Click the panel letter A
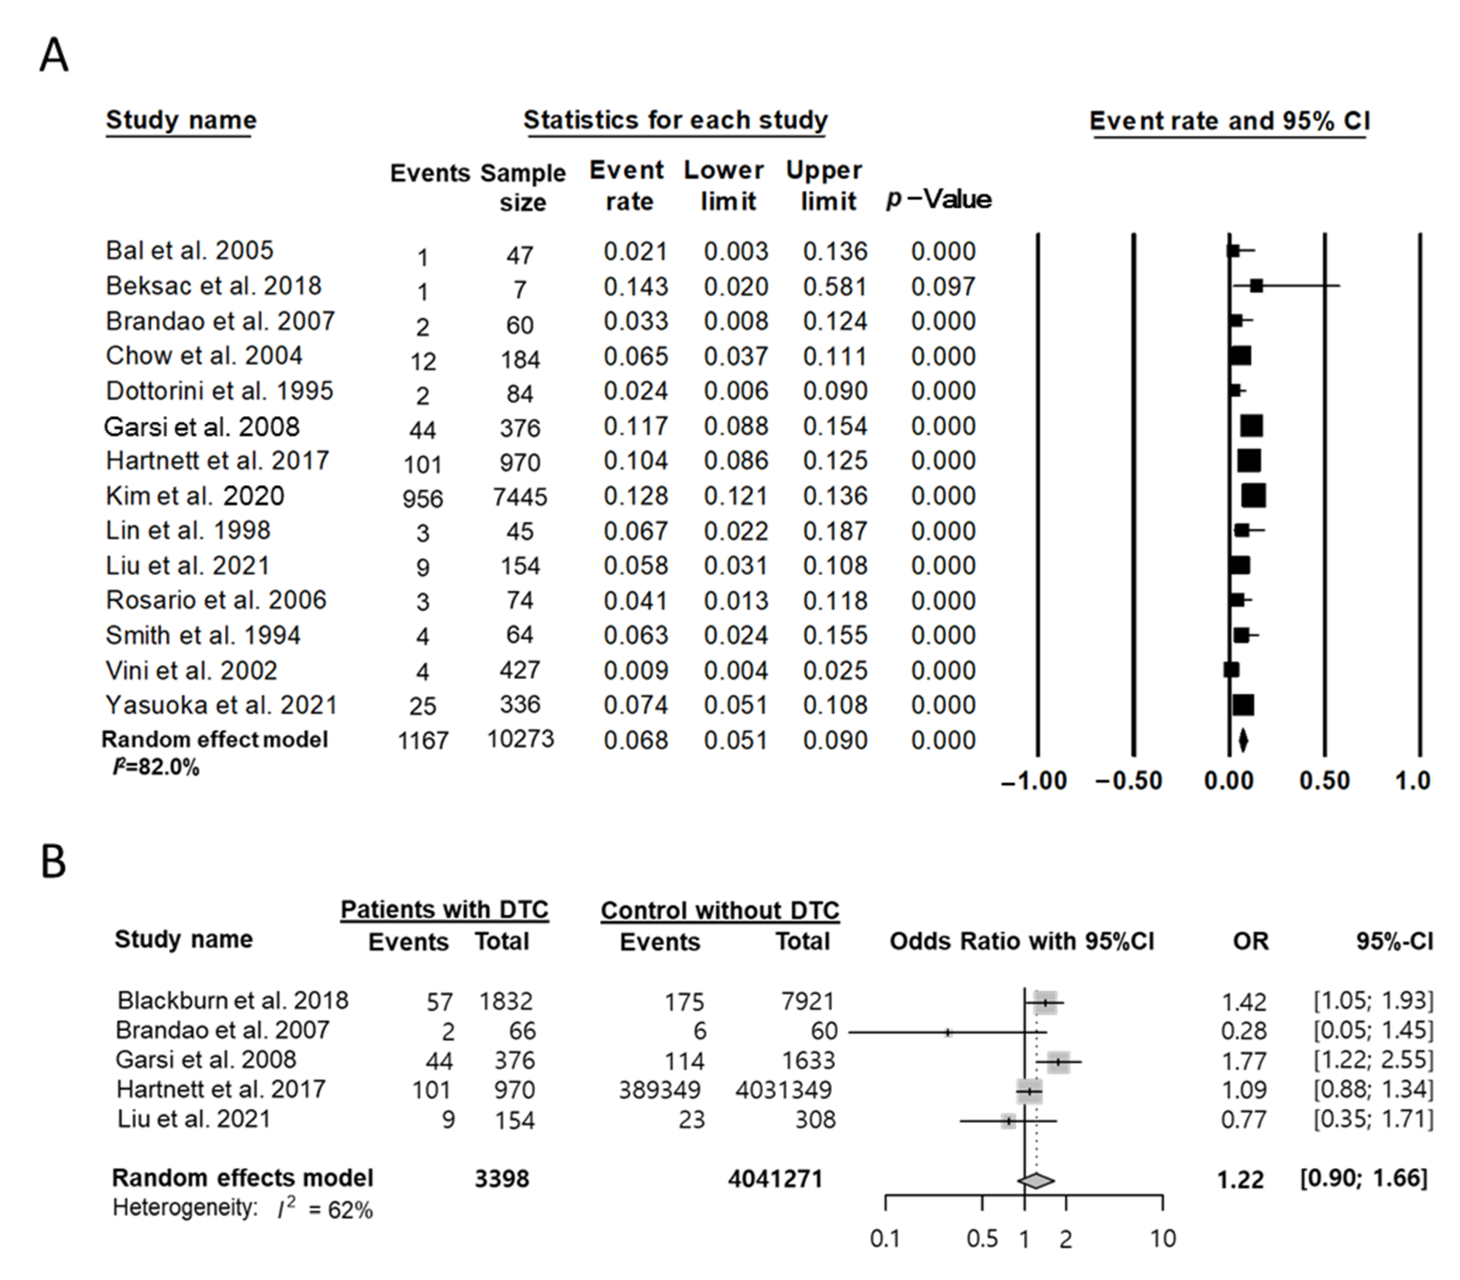pyautogui.click(x=54, y=56)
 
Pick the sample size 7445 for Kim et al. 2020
pyautogui.click(x=520, y=497)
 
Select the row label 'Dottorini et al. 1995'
pyautogui.click(x=219, y=391)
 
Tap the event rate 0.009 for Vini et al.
pyautogui.click(x=636, y=671)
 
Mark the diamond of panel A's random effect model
pyautogui.click(x=1243, y=740)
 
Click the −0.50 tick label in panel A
pyautogui.click(x=1129, y=781)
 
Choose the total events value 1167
pyautogui.click(x=423, y=741)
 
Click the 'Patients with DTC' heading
pyautogui.click(x=444, y=909)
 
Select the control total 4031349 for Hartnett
pyautogui.click(x=783, y=1090)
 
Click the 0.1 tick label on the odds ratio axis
pyautogui.click(x=885, y=1238)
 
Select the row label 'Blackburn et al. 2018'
pyautogui.click(x=233, y=1001)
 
